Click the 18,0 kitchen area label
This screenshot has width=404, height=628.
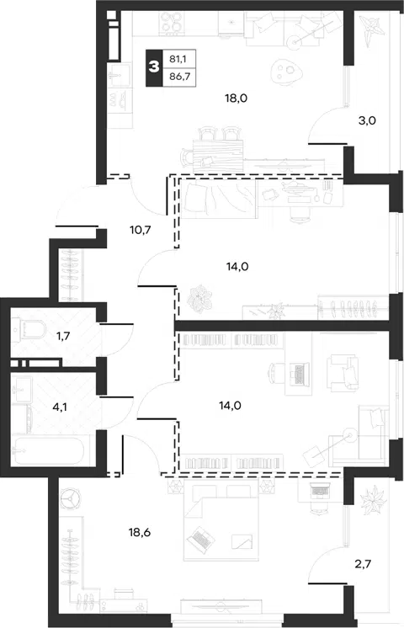237,98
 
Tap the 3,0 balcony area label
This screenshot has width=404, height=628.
367,120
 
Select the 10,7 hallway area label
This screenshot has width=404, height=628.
141,230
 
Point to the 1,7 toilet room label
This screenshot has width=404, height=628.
63,336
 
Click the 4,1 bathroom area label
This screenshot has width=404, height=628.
60,407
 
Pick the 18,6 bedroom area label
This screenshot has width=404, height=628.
140,532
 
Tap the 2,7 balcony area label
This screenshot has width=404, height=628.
363,564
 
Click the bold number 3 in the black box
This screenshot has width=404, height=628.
154,67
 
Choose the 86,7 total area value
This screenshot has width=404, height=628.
179,76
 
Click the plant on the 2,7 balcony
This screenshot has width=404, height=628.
374,499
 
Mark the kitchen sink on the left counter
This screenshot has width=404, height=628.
120,75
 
